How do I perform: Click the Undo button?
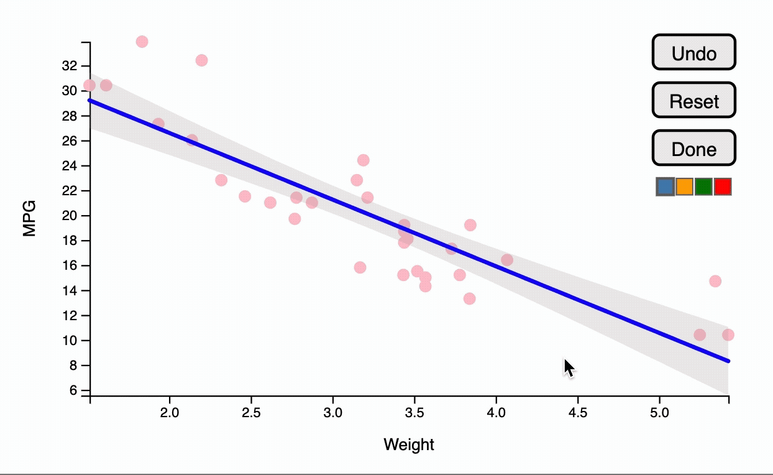click(693, 52)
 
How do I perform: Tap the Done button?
click(693, 149)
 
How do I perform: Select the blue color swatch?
click(665, 187)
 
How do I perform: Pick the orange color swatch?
click(684, 187)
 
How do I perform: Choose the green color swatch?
click(703, 187)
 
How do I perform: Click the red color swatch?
click(723, 187)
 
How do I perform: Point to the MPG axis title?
click(29, 218)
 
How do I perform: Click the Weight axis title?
click(409, 445)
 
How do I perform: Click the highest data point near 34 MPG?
click(142, 42)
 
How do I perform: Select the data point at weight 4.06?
click(507, 260)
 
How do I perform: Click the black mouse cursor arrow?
click(569, 367)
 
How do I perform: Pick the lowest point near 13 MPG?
click(469, 298)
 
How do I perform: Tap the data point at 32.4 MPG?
click(201, 60)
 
